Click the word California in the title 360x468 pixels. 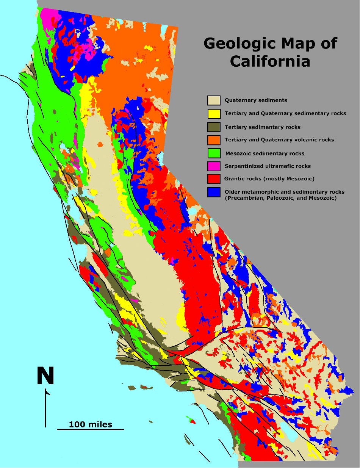tap(270, 61)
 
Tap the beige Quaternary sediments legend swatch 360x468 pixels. tap(214, 100)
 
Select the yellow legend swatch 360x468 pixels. tap(214, 114)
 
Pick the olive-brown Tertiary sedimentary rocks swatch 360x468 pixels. tap(214, 127)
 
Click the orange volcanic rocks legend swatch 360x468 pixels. tap(214, 140)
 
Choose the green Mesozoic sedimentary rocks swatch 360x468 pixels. tap(214, 153)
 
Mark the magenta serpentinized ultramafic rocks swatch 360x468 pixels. tap(214, 166)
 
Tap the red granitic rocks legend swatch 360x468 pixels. tap(214, 179)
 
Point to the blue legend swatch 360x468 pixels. tap(214, 192)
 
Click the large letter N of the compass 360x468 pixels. tap(45, 376)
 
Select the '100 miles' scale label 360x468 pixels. tap(90, 424)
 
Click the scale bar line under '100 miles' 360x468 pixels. tap(90, 429)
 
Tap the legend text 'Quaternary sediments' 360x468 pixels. tap(256, 100)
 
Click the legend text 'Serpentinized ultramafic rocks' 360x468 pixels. tap(267, 166)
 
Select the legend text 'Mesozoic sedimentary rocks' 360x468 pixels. tap(265, 153)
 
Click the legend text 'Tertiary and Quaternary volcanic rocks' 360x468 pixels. tap(279, 140)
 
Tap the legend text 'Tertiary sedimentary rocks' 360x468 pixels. tap(263, 127)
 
